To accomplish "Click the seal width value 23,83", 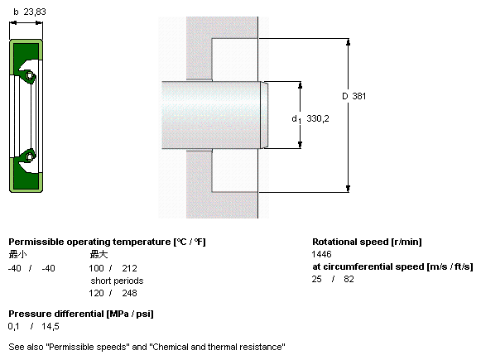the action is click(x=35, y=12).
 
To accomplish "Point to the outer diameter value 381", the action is click(x=359, y=96).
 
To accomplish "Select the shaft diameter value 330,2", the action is click(x=318, y=118).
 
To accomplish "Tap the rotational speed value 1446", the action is click(x=321, y=254).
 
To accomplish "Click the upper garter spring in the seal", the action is click(x=30, y=75).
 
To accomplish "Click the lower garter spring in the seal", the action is click(x=30, y=157).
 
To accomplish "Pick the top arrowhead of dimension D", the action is click(x=348, y=42).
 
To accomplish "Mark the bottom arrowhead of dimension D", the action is click(x=348, y=189).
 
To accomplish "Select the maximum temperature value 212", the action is click(x=129, y=268).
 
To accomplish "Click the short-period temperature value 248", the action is click(x=129, y=293).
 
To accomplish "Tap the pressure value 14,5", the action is click(x=51, y=327).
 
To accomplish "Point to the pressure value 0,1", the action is click(x=13, y=327).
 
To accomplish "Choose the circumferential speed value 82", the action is click(x=349, y=279).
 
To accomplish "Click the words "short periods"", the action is click(x=117, y=281).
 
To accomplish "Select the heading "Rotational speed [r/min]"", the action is click(x=367, y=242).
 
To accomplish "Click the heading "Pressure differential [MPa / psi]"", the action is click(x=81, y=314).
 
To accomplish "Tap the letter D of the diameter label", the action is click(x=345, y=96).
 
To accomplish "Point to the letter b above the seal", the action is click(x=16, y=12).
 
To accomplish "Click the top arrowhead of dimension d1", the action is click(x=300, y=85).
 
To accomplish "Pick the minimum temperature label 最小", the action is click(x=17, y=254).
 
